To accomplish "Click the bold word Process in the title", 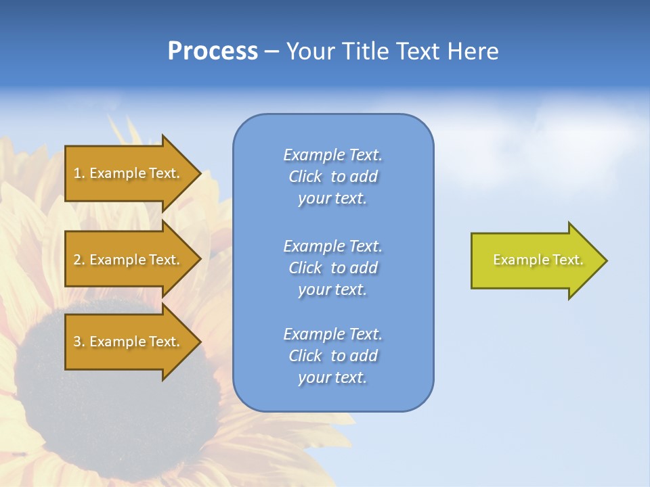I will (213, 51).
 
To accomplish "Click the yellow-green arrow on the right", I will (535, 260).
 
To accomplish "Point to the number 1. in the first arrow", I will (79, 173).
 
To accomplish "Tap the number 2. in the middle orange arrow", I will (79, 260).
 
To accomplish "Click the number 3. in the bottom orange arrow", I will (79, 342).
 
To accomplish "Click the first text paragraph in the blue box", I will (333, 177).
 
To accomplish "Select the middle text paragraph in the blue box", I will (333, 267).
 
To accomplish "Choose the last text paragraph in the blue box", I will (333, 356).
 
